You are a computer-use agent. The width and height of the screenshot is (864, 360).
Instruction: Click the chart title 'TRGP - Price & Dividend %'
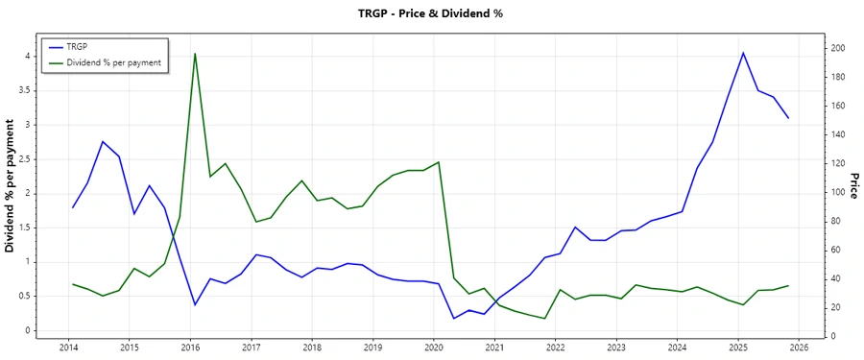[431, 13]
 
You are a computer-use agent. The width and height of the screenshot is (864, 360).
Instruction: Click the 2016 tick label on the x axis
[190, 347]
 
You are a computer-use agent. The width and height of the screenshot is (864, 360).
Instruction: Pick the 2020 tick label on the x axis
[433, 347]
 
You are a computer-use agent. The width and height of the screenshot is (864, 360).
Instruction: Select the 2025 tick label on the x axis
[737, 347]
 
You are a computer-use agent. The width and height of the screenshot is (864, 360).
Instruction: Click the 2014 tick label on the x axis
[68, 347]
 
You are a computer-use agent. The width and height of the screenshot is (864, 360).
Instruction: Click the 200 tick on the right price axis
[838, 48]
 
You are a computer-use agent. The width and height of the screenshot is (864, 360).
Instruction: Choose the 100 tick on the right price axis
[838, 192]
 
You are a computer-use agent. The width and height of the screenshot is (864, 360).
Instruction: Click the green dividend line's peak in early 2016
[195, 54]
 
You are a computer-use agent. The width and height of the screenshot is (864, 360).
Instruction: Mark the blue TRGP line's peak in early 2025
[743, 53]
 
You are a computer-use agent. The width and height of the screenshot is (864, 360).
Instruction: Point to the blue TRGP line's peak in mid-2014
[103, 141]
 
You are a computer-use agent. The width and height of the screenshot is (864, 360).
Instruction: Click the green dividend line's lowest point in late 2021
[545, 319]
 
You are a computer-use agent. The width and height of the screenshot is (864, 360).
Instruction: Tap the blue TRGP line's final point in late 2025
[788, 118]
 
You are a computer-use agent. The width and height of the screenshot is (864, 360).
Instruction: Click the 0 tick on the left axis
[30, 331]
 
